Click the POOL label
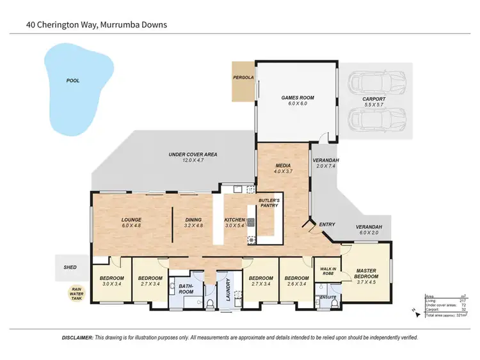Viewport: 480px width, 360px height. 73,81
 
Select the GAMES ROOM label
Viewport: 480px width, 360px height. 298,98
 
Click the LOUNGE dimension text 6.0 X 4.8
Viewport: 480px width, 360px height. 131,226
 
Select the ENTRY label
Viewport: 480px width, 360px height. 327,224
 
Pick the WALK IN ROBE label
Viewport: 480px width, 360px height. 326,270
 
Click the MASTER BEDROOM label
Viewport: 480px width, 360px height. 365,274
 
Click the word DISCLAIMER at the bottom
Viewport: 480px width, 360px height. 78,337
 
